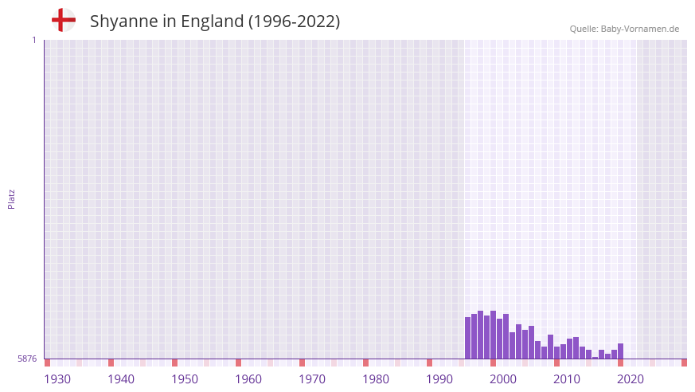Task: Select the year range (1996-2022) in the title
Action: pos(295,22)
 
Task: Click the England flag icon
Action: pos(64,20)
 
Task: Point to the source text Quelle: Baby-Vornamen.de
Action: pos(624,29)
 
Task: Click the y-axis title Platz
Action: pos(11,198)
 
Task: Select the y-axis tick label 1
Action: pos(33,40)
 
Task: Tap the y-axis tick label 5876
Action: pos(27,359)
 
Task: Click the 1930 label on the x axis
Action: pos(57,379)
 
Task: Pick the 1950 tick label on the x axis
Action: pos(185,379)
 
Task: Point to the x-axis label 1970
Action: pos(312,379)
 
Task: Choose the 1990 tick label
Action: pos(439,379)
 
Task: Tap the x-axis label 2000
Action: pos(503,379)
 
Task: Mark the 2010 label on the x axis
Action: pos(567,379)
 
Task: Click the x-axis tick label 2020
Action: pos(631,379)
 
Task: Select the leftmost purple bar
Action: pos(468,339)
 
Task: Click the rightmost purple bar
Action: pos(620,351)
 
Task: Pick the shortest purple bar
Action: pos(595,358)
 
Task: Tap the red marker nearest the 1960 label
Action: pos(238,363)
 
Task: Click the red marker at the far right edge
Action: pos(684,363)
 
